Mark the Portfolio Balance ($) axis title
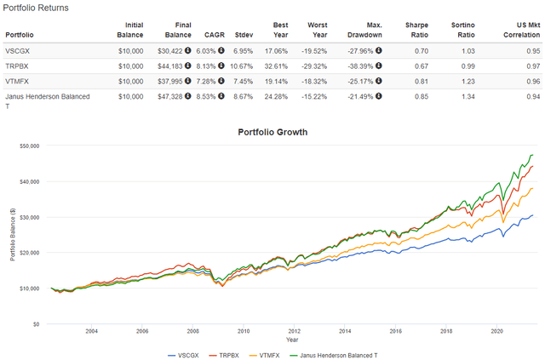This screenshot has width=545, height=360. [x=11, y=234]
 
